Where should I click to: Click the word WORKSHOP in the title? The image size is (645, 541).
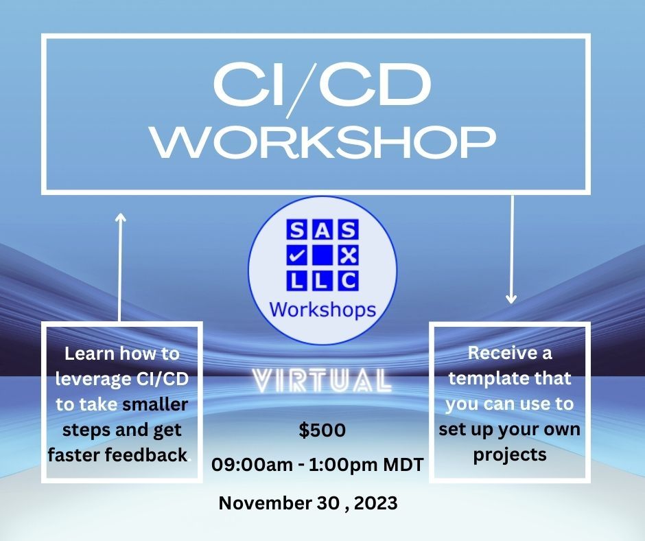324,142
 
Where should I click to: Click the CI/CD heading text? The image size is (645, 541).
322,86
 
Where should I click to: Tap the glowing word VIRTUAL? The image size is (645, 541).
322,380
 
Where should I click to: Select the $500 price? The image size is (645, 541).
322,430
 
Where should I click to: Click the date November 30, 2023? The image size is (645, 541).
308,503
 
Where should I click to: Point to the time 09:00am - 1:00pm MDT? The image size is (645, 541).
318,465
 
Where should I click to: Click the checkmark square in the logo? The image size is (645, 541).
296,256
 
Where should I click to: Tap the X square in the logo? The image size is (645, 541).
349,256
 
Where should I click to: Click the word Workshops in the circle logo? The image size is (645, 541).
322,310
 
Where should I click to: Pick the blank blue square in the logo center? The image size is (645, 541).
322,256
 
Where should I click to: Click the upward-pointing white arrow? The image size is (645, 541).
120,267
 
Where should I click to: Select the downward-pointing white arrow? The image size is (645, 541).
512,249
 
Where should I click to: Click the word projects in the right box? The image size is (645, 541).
510,455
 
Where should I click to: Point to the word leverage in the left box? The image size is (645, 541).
92,379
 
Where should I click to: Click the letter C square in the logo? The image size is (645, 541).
349,281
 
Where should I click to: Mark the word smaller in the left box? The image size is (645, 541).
155,404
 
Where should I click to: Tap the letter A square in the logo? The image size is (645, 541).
322,230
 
